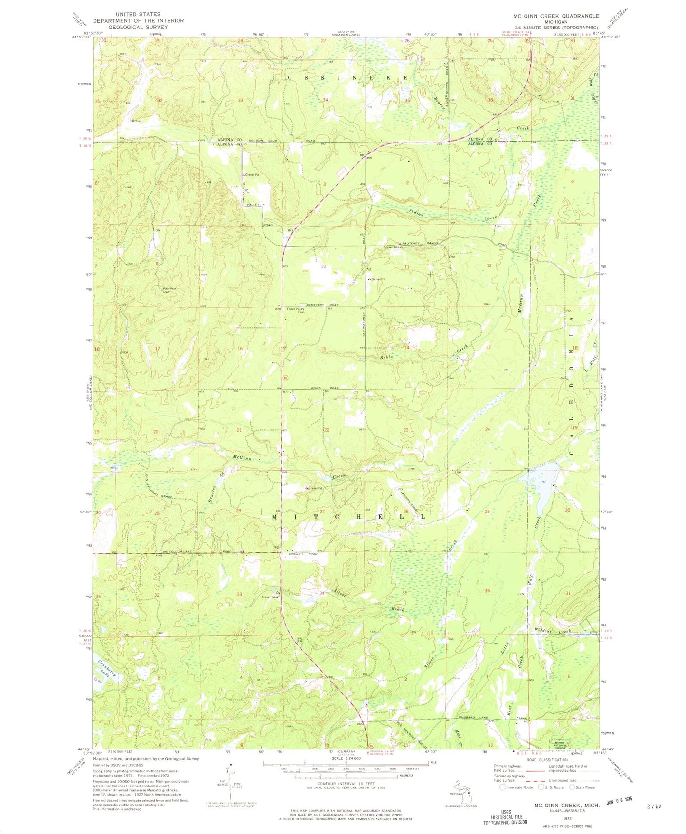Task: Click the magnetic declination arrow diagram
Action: pyautogui.click(x=230, y=790)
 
